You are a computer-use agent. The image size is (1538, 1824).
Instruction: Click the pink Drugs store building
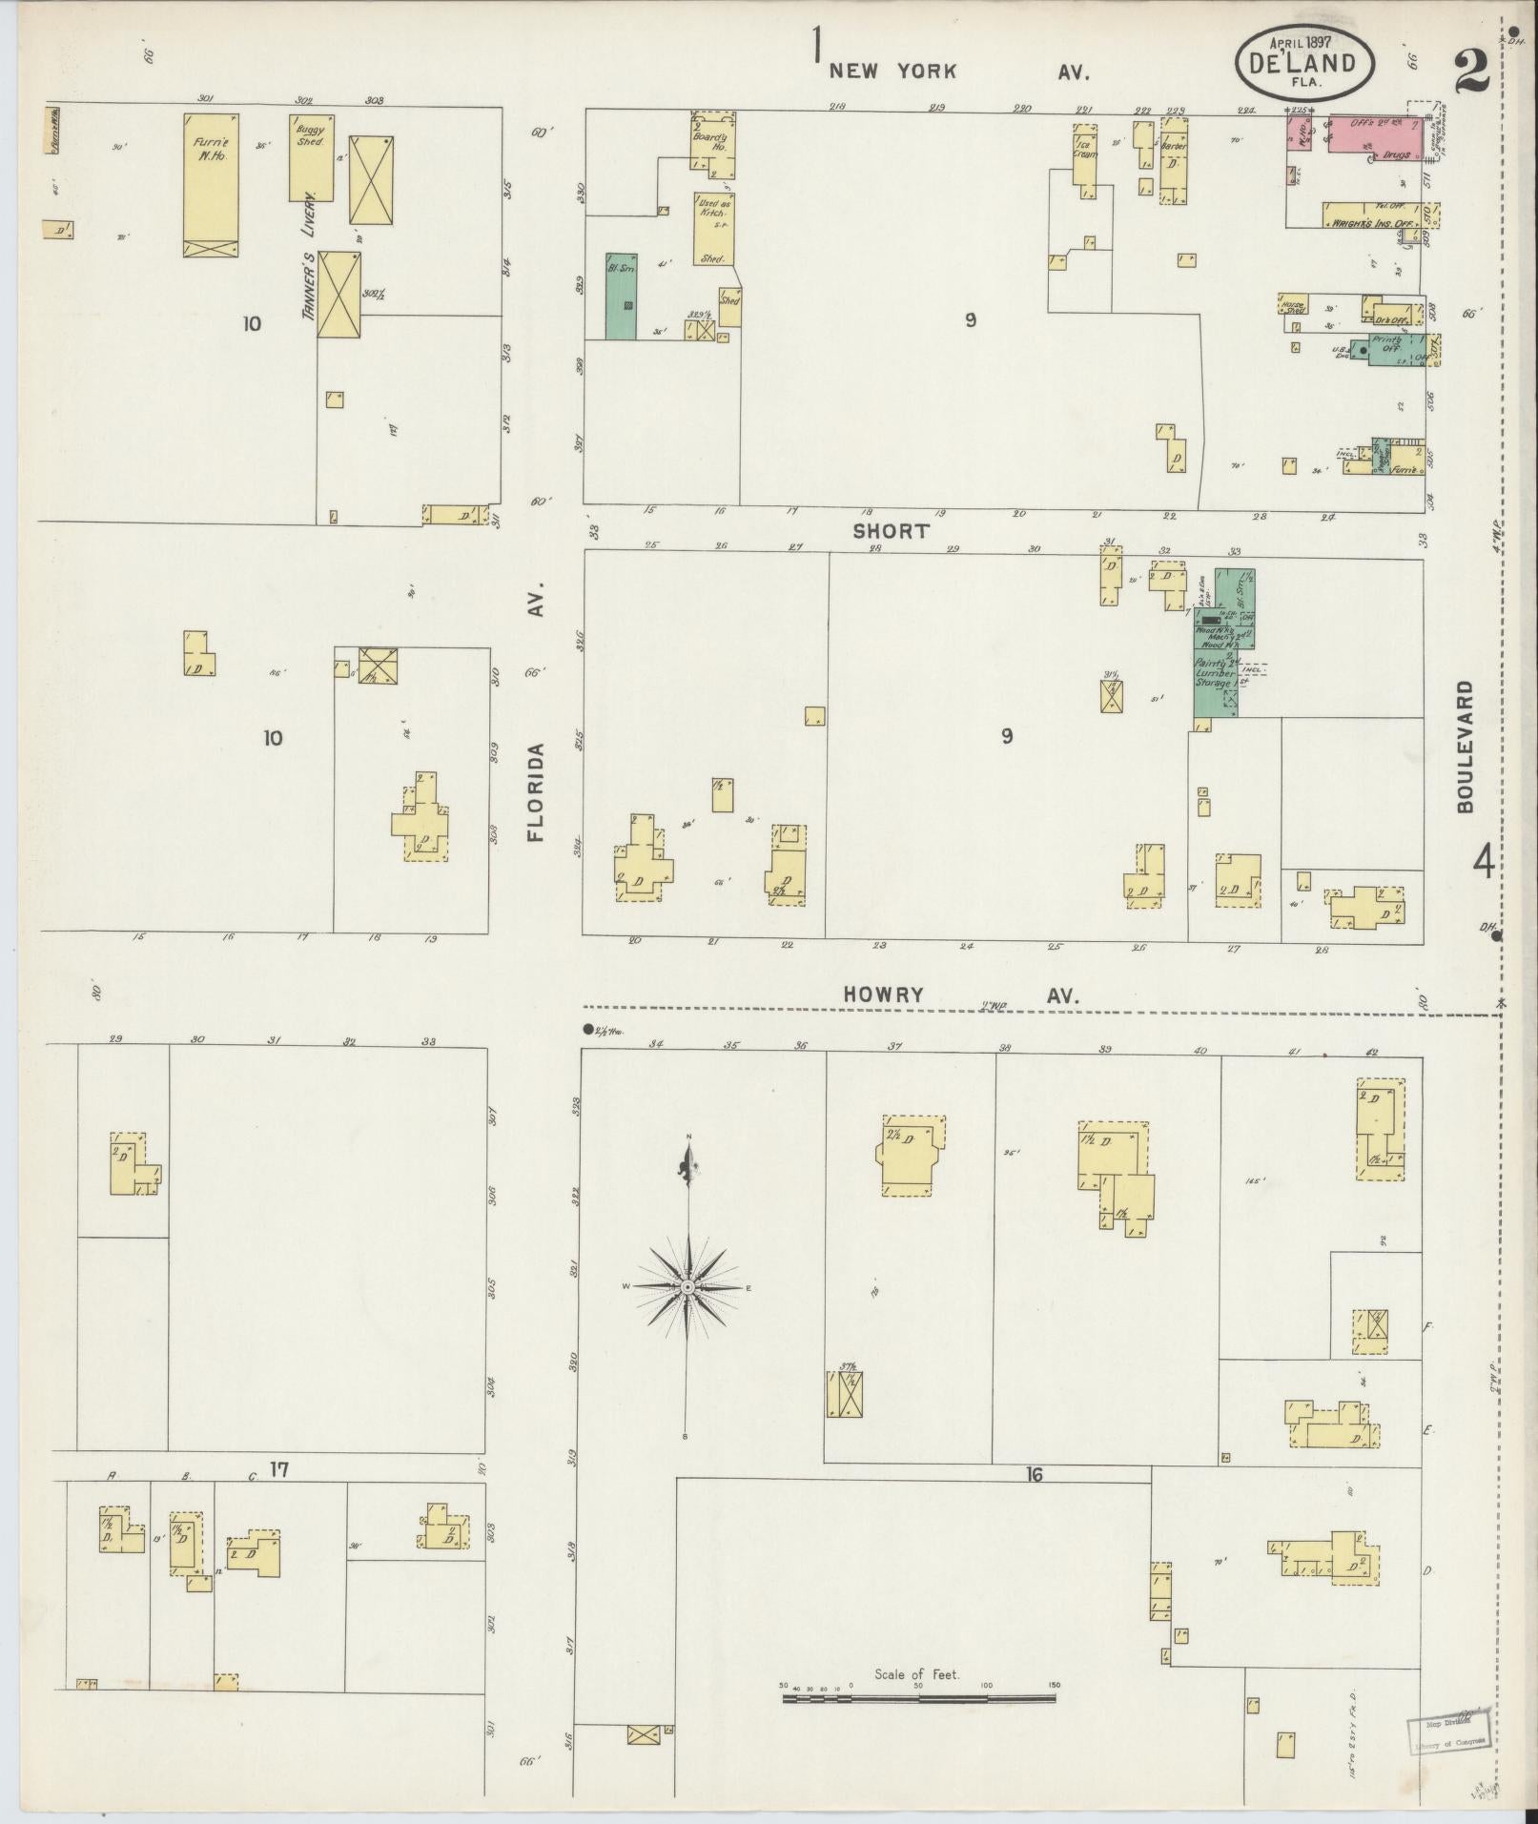(x=1374, y=133)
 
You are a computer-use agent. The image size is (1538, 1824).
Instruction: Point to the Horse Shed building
(x=1294, y=304)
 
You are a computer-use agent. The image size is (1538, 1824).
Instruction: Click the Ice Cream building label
(x=1084, y=149)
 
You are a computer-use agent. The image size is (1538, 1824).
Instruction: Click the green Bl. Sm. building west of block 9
(x=621, y=296)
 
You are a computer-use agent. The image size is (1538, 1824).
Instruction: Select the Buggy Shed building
(x=311, y=157)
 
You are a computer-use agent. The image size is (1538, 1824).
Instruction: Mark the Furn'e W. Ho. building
(x=210, y=185)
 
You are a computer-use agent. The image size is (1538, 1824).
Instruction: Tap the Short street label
(x=891, y=531)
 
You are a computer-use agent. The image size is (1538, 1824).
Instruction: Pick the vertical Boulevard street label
(x=1465, y=746)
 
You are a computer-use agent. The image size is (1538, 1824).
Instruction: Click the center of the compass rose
(x=687, y=1287)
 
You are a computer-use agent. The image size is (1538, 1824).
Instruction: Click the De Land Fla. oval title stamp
(x=1305, y=63)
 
